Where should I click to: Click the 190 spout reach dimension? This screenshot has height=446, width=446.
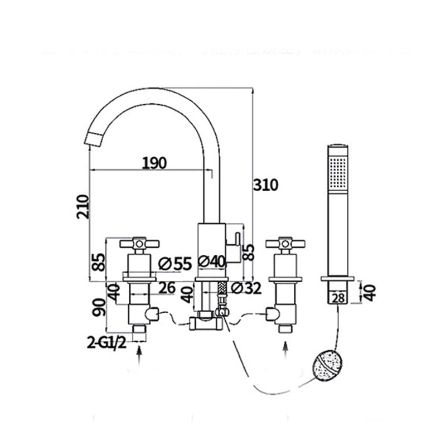154,163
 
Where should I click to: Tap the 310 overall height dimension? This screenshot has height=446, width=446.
265,185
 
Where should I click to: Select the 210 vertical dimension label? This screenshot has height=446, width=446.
83,206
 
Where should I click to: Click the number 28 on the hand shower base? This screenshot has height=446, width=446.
338,298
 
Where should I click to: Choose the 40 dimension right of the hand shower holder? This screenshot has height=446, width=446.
369,292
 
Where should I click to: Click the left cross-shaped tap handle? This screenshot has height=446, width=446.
139,243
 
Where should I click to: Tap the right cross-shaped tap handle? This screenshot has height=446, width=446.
285,243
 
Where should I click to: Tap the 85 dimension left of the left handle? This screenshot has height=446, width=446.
98,262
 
